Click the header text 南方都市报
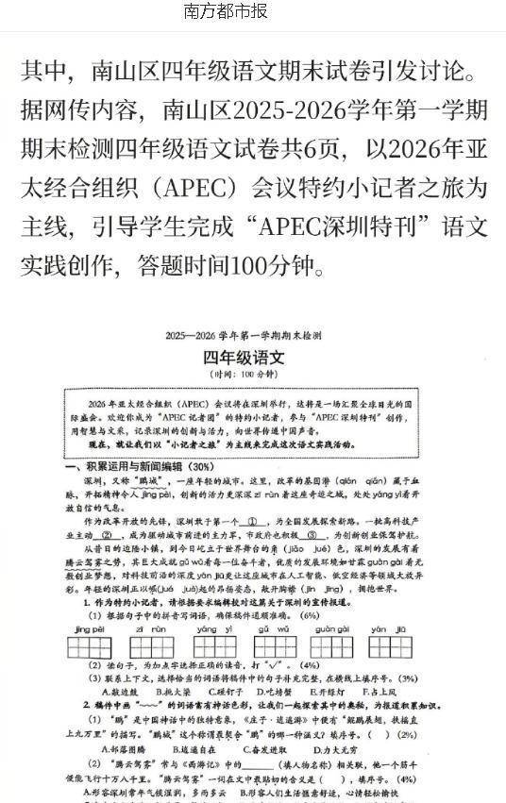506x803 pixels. [226, 12]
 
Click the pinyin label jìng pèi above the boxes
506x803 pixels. [87, 627]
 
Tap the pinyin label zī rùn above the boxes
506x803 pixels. [151, 627]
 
